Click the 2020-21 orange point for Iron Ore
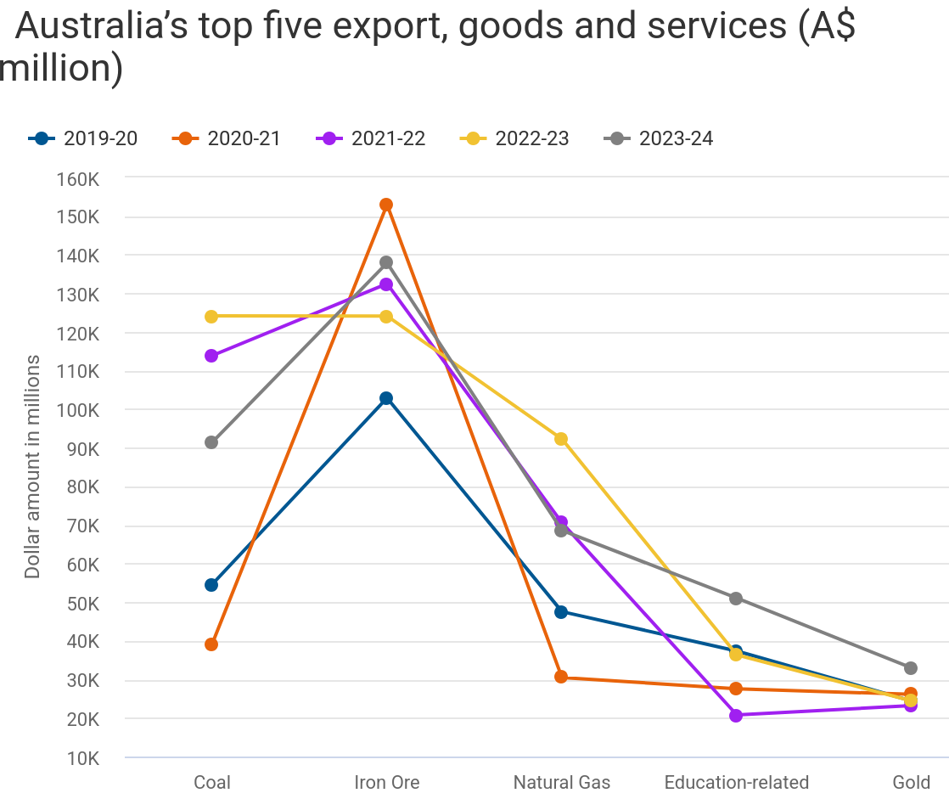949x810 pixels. [x=386, y=205]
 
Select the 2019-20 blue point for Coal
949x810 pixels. [x=211, y=585]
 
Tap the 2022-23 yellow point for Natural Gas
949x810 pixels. [x=561, y=439]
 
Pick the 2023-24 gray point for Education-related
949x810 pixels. [x=736, y=599]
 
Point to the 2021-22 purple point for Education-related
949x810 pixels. [x=736, y=716]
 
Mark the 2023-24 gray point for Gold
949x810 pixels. [x=911, y=668]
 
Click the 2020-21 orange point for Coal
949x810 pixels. [x=211, y=644]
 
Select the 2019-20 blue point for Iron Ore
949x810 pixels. [x=386, y=398]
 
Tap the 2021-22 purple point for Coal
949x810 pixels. [x=211, y=356]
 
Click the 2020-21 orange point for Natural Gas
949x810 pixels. [x=561, y=677]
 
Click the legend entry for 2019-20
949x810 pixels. [x=82, y=138]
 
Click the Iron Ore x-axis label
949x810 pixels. [x=386, y=783]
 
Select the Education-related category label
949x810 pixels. [x=736, y=783]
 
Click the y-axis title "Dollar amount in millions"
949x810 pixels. [x=32, y=467]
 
